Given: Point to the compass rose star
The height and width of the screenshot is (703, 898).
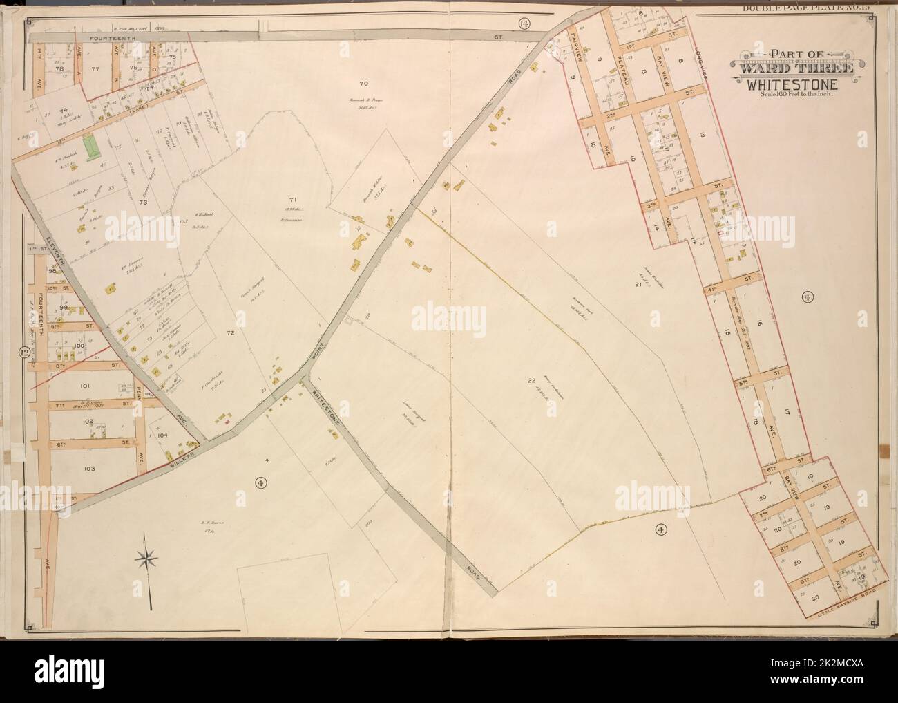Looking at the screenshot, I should coord(148,556).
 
